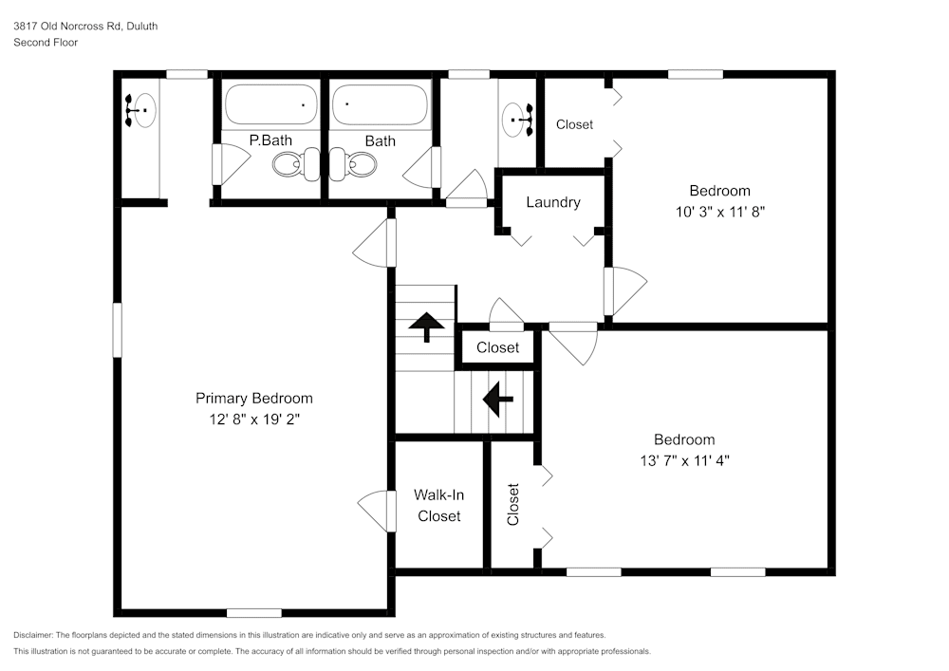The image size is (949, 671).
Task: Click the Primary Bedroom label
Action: [253, 399]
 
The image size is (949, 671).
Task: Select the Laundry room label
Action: [552, 202]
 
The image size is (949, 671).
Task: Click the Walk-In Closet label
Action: [438, 505]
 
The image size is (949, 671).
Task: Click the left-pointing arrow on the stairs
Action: [498, 399]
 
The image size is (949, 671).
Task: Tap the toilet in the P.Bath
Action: [291, 166]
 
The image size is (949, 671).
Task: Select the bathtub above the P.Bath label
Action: [270, 104]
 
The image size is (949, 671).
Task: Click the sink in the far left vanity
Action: [140, 111]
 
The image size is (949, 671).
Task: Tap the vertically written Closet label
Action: [513, 505]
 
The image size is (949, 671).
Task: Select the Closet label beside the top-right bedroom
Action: [574, 124]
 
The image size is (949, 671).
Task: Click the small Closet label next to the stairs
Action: [497, 347]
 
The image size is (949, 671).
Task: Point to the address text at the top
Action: [85, 27]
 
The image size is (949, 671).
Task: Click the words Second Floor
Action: [46, 43]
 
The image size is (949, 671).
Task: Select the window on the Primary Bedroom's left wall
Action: [118, 329]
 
